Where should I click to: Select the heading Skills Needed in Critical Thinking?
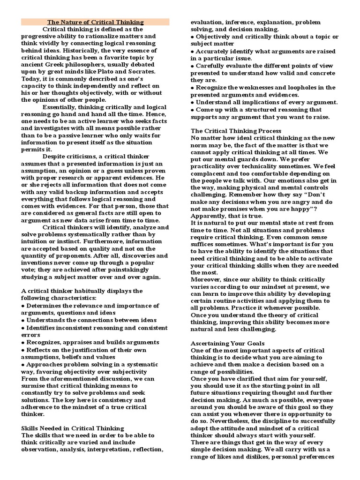pyautogui.click(x=73, y=428)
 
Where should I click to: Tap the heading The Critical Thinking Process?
pyautogui.click(x=236, y=131)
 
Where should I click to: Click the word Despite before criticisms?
pyautogui.click(x=54, y=156)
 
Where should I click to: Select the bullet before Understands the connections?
pyautogui.click(x=23, y=320)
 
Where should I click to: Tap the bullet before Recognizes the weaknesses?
pyautogui.click(x=192, y=88)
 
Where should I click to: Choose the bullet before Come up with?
pyautogui.click(x=192, y=109)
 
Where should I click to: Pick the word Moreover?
pyautogui.click(x=207, y=279)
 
